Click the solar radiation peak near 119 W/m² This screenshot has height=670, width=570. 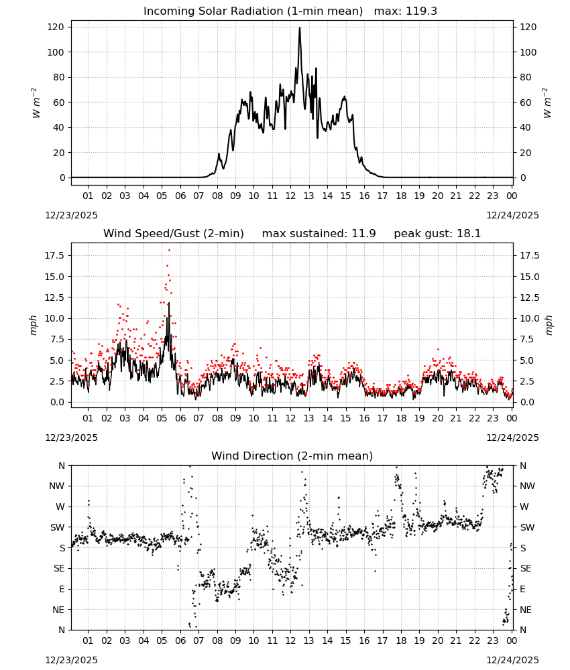tap(299, 28)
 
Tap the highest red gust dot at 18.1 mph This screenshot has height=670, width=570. tap(170, 251)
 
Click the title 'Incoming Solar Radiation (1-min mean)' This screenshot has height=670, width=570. tap(253, 11)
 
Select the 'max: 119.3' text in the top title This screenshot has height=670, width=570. tap(406, 11)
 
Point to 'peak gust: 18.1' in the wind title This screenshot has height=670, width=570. tap(437, 234)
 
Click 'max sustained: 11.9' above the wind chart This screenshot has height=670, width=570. tap(319, 234)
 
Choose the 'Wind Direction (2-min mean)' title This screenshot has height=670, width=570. tap(292, 456)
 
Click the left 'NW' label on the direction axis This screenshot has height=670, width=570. tap(57, 486)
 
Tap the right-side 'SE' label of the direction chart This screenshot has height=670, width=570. tap(526, 568)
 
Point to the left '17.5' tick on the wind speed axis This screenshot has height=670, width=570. tap(55, 255)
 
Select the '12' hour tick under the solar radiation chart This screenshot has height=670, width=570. tap(290, 196)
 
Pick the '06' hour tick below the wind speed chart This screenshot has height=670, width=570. tap(180, 418)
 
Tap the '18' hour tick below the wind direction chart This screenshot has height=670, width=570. tap(400, 641)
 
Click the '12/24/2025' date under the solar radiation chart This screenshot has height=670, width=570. tap(512, 215)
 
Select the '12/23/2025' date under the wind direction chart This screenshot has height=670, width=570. tap(71, 660)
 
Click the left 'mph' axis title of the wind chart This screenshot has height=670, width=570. tap(34, 325)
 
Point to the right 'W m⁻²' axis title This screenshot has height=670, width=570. tap(547, 103)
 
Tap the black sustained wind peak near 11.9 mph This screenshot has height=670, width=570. tap(168, 304)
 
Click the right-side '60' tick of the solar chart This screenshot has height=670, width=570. tap(525, 103)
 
